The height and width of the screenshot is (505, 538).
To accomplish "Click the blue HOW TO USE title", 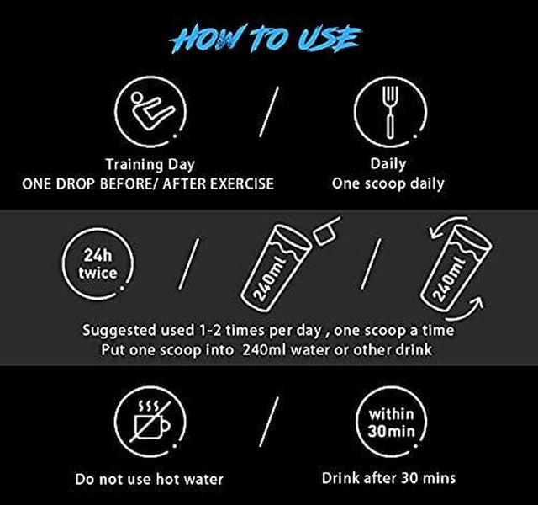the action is pos(266,39).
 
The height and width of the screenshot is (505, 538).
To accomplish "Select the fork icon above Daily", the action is pos(390,112).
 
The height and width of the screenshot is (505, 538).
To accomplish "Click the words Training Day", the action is pos(150,164).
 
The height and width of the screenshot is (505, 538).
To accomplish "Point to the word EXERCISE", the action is pos(242,183).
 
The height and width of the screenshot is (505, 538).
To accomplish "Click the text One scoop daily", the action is pos(388,183).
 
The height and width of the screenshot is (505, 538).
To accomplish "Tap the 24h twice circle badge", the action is pos(98,263).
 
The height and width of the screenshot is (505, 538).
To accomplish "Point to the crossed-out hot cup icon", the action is pos(150,422).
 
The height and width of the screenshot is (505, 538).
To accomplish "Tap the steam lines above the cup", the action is pos(148,407).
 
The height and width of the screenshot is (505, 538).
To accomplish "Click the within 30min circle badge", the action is pos(391,422).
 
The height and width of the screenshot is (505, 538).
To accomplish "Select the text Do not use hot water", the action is pos(150,479).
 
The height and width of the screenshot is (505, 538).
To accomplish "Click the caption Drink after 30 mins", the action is pos(388,478).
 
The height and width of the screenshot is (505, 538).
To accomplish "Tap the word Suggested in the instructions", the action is pos(119,331).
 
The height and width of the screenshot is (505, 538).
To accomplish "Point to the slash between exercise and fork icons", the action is pos(269,112).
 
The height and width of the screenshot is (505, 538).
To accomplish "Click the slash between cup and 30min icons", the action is pos(269,422).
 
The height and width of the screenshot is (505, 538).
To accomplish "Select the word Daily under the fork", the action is pos(388,164).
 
